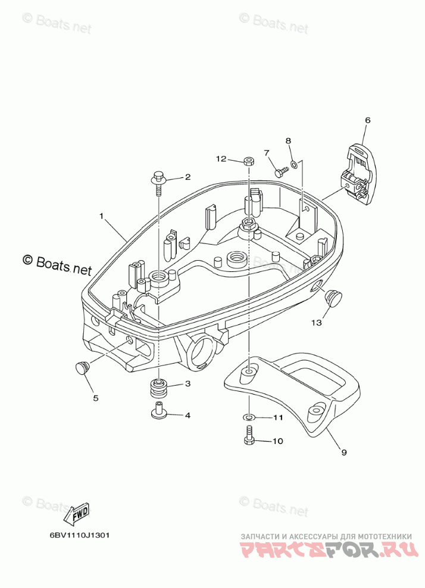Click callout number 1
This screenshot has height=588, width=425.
pos(101,215)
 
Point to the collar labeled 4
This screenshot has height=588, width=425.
pos(159,411)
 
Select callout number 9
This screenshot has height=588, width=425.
pos(344,452)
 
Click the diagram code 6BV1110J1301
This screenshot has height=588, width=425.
pos(79,534)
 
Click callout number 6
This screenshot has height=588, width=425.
pos(367,121)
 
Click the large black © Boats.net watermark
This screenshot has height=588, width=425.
pos(57,262)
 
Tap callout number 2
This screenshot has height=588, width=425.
pos(187,177)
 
